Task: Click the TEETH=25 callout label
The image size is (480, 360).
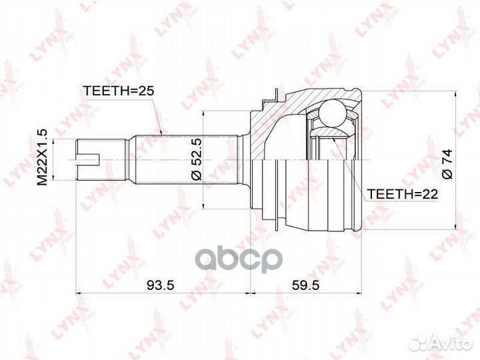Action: click(118, 91)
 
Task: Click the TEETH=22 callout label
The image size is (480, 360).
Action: click(402, 194)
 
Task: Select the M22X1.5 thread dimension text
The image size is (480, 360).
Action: click(42, 157)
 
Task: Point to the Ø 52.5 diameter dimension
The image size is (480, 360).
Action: click(195, 159)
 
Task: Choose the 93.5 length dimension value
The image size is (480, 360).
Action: click(161, 285)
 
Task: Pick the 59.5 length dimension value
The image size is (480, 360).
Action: click(305, 285)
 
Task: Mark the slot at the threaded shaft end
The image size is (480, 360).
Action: click(88, 159)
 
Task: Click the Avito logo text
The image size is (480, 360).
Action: click(450, 343)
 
